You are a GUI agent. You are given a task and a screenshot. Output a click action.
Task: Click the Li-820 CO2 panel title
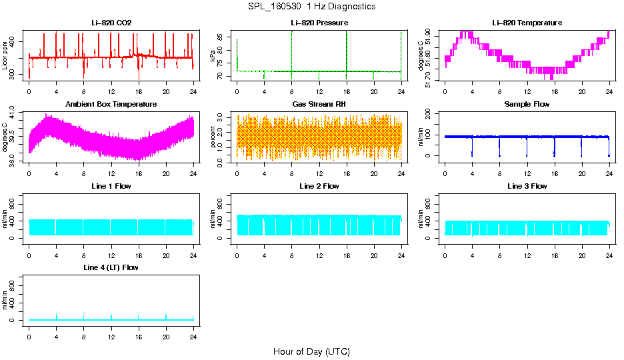pos(111,23)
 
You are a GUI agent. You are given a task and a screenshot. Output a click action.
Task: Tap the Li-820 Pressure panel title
pos(319,23)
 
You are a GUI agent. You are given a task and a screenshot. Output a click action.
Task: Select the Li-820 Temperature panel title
pos(527,23)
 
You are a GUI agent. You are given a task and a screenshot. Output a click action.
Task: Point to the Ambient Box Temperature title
pos(111,105)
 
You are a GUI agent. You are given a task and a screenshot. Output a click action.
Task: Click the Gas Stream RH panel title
pos(319,105)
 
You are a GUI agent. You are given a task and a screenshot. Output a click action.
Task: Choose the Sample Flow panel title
pos(527,105)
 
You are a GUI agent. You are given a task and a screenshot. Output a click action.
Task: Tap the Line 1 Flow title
pos(111,186)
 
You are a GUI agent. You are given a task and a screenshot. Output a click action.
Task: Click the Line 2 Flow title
pos(319,186)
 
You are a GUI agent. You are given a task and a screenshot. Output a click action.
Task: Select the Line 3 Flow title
pos(527,186)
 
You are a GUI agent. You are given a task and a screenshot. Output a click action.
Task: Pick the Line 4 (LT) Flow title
pos(111,267)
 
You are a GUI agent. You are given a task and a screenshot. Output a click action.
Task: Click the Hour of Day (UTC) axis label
pos(311,351)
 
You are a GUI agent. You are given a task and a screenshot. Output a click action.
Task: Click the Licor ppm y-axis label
pos(5,56)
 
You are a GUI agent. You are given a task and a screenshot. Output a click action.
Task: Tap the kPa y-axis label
pos(213,56)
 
